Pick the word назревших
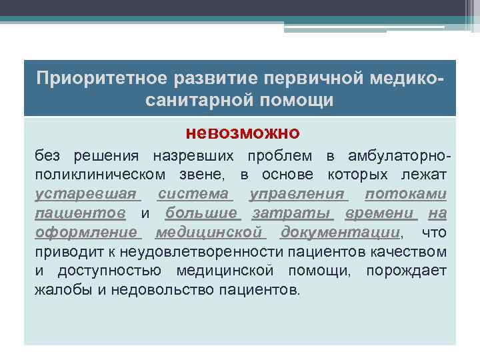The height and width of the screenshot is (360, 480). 193,156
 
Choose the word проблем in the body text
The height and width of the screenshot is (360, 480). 279,156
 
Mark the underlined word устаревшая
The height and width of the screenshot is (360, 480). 87,194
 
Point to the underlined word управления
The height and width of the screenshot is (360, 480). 297,194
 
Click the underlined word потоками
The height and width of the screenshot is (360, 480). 406,194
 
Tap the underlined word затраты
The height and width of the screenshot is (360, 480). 291,213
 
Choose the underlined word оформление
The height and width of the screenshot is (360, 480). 87,233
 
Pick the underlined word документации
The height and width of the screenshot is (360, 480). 340,233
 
